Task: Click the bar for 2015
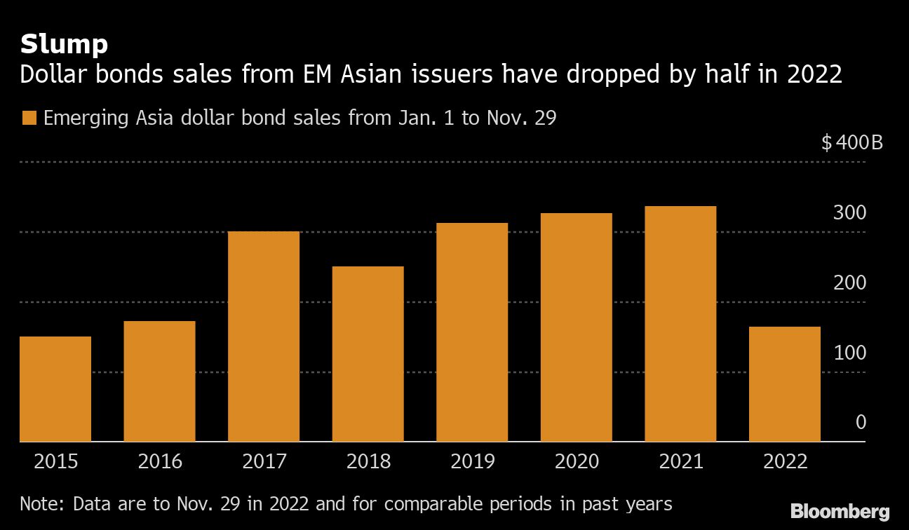(55, 389)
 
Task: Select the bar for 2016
(159, 381)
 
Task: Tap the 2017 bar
(264, 337)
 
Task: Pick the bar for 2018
(368, 354)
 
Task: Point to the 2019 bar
(472, 332)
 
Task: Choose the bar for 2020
(576, 327)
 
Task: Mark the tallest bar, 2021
(680, 324)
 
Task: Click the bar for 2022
(784, 384)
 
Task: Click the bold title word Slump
(64, 45)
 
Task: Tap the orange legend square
(28, 118)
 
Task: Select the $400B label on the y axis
(851, 144)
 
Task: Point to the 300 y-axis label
(849, 213)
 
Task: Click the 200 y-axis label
(849, 283)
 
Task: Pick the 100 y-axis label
(849, 353)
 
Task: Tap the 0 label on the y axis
(861, 423)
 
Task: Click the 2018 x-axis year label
(368, 462)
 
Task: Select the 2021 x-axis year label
(680, 462)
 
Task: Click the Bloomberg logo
(840, 512)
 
